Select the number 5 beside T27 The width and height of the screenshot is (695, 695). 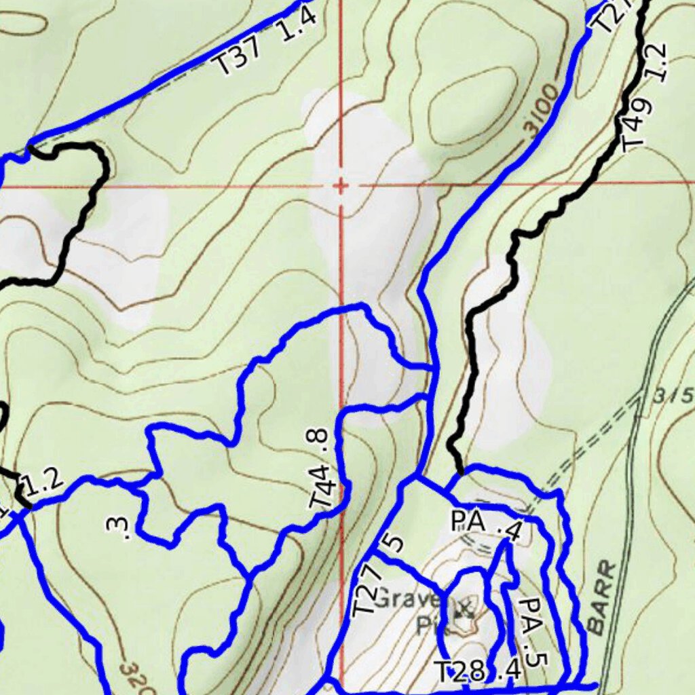click(x=394, y=543)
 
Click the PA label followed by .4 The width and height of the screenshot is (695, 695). click(x=468, y=522)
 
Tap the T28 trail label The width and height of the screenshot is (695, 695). click(x=459, y=672)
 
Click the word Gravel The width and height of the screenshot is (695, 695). click(x=407, y=599)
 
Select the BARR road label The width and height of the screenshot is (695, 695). click(x=602, y=598)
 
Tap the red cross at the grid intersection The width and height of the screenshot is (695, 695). click(x=341, y=185)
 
